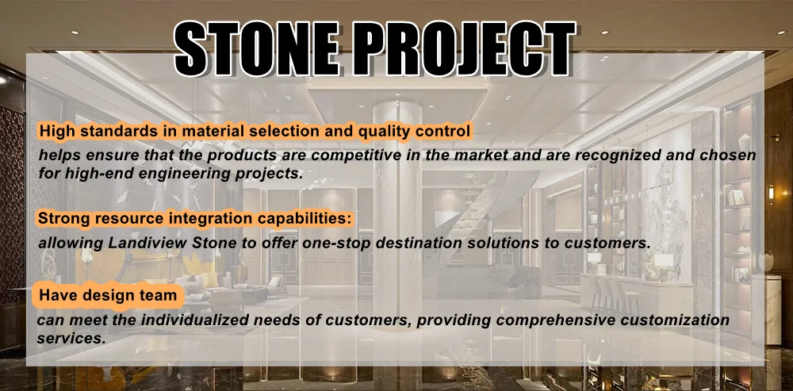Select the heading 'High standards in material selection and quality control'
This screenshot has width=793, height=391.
(x=255, y=132)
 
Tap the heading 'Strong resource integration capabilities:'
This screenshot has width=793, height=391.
(x=195, y=219)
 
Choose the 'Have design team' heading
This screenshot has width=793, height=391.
(x=108, y=295)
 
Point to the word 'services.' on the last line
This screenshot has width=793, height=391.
(x=71, y=339)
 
